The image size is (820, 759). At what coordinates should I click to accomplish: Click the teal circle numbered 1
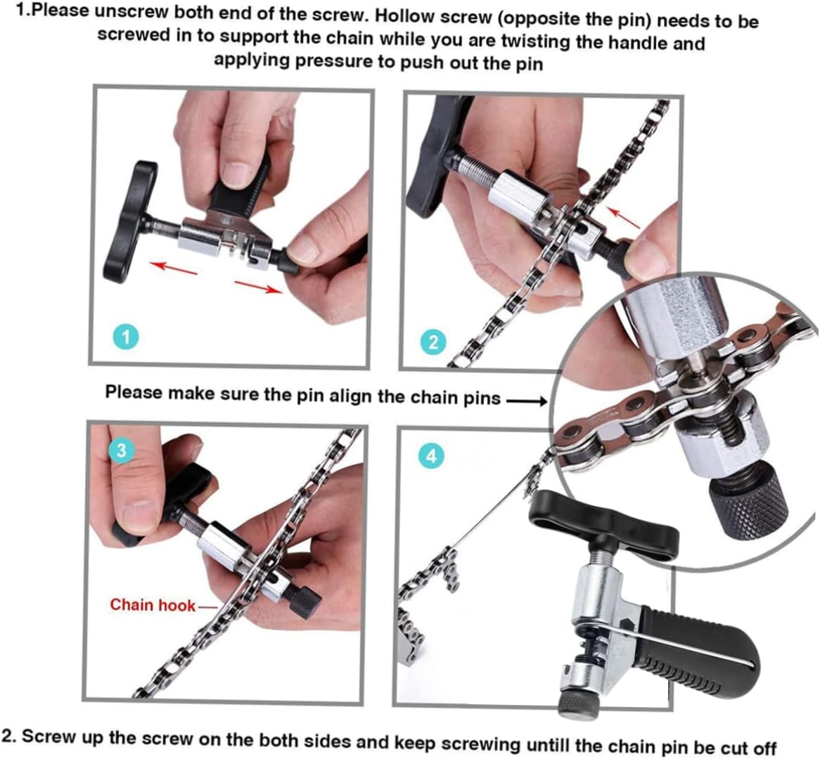pyautogui.click(x=126, y=338)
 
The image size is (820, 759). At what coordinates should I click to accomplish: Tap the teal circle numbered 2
pyautogui.click(x=433, y=342)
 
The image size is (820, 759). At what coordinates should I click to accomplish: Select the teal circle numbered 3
pyautogui.click(x=122, y=450)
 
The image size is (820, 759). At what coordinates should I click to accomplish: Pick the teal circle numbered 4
pyautogui.click(x=431, y=456)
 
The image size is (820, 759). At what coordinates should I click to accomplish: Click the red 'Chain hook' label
pyautogui.click(x=152, y=604)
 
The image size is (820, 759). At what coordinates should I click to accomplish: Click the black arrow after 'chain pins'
pyautogui.click(x=526, y=401)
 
